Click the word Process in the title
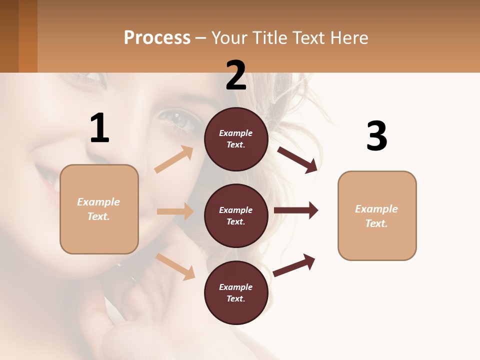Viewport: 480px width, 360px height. pos(157,38)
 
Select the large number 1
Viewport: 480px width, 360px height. pos(99,128)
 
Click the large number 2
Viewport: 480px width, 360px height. pos(236,75)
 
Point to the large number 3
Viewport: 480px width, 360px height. pos(376,136)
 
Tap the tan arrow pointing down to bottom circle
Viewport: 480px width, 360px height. pos(175,266)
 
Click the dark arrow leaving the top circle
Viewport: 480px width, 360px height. pos(297,159)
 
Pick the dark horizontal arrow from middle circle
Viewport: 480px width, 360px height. pos(296,210)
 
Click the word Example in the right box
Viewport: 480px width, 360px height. pos(376,209)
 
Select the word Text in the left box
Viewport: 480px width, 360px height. pos(98,216)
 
